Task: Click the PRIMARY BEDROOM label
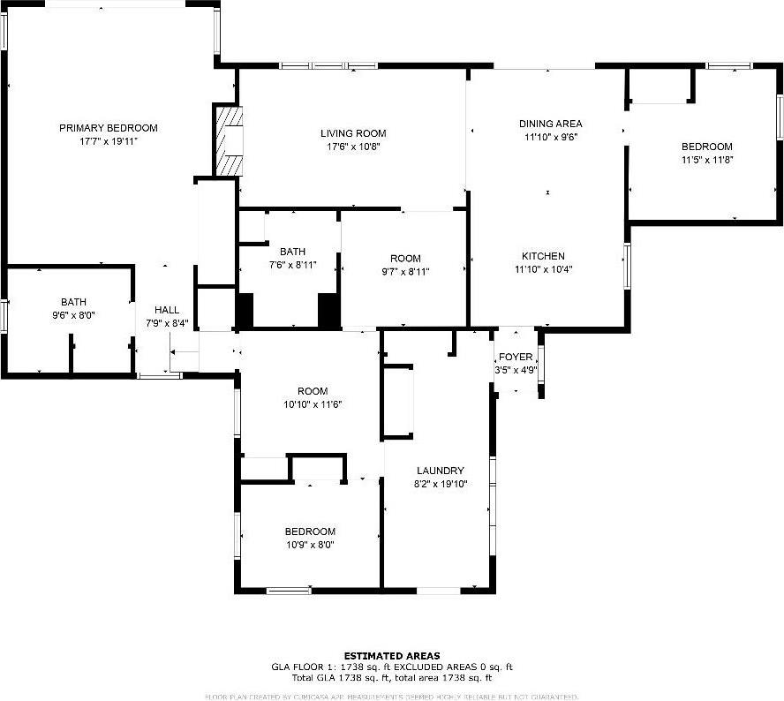109,128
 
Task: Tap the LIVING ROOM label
353,133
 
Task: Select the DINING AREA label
550,124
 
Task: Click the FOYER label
516,357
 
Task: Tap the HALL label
167,310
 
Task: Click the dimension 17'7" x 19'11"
109,141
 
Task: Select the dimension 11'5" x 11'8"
706,160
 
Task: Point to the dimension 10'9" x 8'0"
309,545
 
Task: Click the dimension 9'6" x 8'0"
74,315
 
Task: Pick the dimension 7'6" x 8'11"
292,265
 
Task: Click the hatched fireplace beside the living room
229,141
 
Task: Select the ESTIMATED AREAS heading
391,655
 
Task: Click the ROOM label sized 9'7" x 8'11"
405,259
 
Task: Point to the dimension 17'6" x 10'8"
353,147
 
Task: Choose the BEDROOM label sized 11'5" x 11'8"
706,147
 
